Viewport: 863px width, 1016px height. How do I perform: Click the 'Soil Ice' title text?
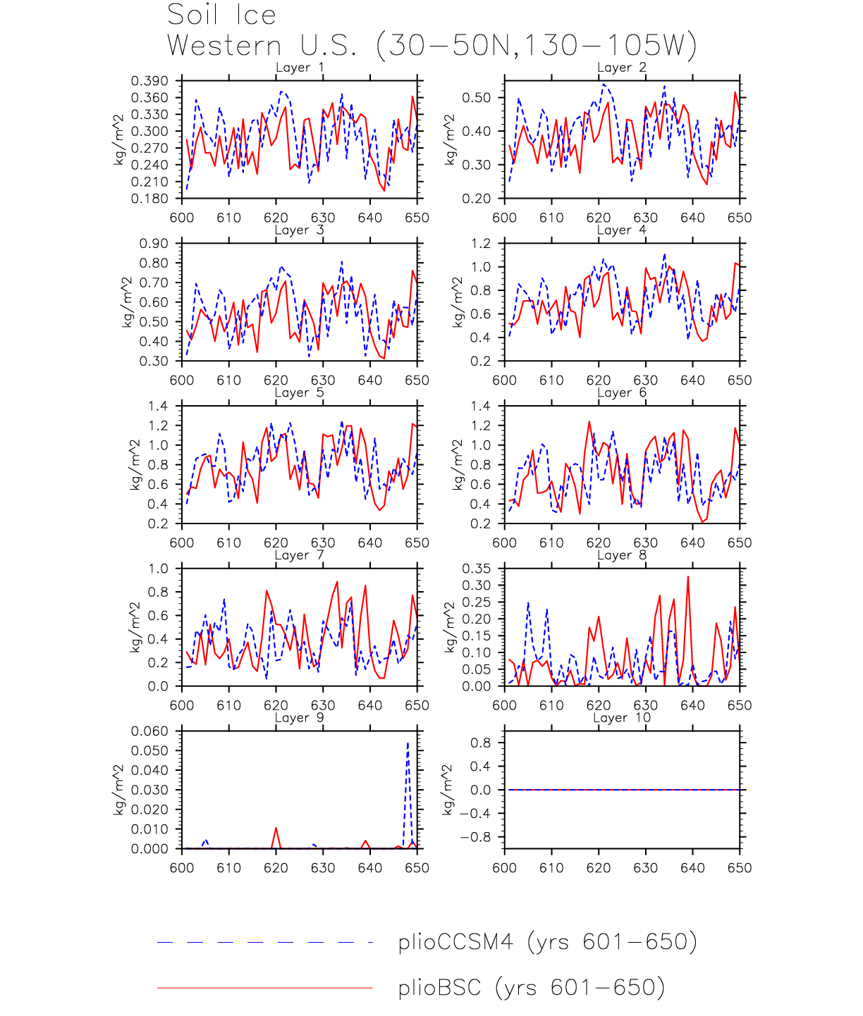coord(221,15)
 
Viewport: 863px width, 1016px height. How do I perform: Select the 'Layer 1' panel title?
coord(300,68)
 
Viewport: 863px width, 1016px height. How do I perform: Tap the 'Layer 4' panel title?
coord(621,230)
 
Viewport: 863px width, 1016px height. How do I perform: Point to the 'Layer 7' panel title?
coord(300,555)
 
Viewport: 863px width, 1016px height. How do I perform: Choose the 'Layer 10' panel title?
coord(621,718)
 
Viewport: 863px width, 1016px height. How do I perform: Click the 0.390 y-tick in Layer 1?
coord(149,81)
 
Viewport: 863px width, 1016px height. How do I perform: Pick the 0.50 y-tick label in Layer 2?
coord(476,97)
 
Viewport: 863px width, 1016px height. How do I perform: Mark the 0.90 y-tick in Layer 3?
coord(154,244)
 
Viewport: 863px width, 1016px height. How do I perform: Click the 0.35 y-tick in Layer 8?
coord(476,569)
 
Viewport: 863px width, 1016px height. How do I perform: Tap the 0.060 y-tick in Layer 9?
coord(149,731)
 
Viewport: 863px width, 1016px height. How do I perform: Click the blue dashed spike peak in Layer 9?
coord(408,743)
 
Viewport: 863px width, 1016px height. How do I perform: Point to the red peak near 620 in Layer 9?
coord(276,829)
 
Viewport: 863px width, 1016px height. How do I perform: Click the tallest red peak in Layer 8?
coord(688,577)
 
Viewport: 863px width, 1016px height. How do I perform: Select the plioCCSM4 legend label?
coord(547,942)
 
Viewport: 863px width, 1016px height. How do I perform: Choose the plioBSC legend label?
coord(531,988)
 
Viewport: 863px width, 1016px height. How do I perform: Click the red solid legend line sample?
coord(264,988)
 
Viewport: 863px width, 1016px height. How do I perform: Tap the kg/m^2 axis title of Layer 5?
coord(135,465)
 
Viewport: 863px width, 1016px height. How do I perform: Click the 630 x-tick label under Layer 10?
coord(645,868)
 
